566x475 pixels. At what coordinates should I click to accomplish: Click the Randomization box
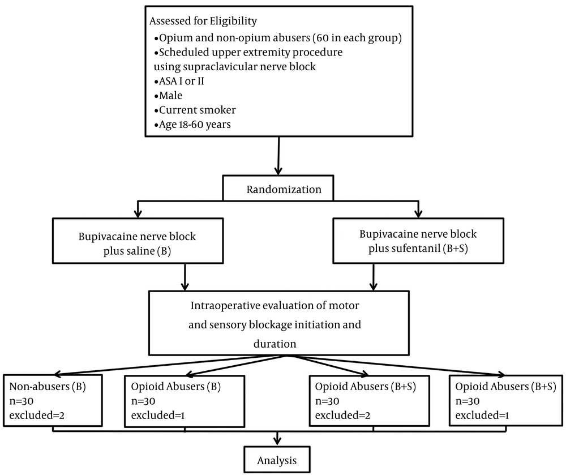pyautogui.click(x=278, y=188)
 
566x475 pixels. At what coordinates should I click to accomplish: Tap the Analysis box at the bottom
pyautogui.click(x=277, y=460)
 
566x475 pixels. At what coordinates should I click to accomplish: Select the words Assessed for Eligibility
pyautogui.click(x=203, y=22)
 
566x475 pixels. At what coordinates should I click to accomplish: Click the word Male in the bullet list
pyautogui.click(x=171, y=96)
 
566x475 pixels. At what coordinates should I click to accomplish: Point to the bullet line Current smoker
pyautogui.click(x=198, y=110)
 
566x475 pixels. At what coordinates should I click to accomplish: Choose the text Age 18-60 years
pyautogui.click(x=195, y=125)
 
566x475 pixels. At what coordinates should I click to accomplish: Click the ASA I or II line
pyautogui.click(x=182, y=81)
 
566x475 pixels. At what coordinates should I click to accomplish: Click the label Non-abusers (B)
pyautogui.click(x=48, y=387)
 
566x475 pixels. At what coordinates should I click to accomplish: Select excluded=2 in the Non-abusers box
pyautogui.click(x=37, y=416)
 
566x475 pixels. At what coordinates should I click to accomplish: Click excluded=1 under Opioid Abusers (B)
pyautogui.click(x=158, y=416)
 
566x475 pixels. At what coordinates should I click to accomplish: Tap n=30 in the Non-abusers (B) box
pyautogui.click(x=22, y=401)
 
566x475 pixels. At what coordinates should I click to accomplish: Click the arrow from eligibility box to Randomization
pyautogui.click(x=278, y=156)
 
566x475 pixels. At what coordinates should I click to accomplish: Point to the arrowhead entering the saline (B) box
pyautogui.click(x=138, y=213)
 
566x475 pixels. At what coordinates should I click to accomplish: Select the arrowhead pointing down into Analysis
pyautogui.click(x=277, y=440)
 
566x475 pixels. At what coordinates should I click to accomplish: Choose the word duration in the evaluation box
pyautogui.click(x=275, y=344)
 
